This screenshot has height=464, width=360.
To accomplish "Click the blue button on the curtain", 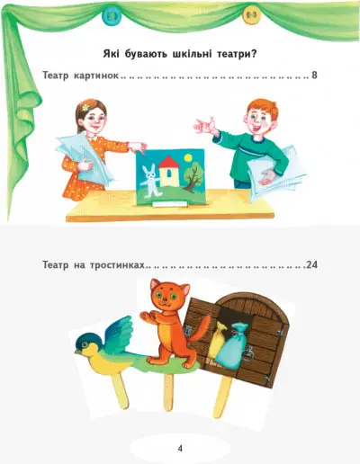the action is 111,14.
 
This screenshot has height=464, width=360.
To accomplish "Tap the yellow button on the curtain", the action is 251,15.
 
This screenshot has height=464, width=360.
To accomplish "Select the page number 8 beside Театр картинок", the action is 314,75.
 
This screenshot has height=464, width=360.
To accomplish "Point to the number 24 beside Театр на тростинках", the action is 312,265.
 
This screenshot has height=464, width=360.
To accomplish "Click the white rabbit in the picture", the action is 149,182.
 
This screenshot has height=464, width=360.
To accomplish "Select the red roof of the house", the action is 168,162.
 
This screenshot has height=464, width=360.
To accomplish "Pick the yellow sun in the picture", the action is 188,157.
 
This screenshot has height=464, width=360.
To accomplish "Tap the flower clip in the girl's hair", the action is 85,107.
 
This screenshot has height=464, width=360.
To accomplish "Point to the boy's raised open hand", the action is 205,126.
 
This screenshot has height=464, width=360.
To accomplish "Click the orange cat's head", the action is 169,295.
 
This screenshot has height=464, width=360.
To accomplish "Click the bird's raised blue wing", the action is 120,333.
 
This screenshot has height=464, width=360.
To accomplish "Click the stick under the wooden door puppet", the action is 222,396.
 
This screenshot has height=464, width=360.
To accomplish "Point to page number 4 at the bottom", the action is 180,449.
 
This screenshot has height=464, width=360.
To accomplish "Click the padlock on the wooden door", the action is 247,352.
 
